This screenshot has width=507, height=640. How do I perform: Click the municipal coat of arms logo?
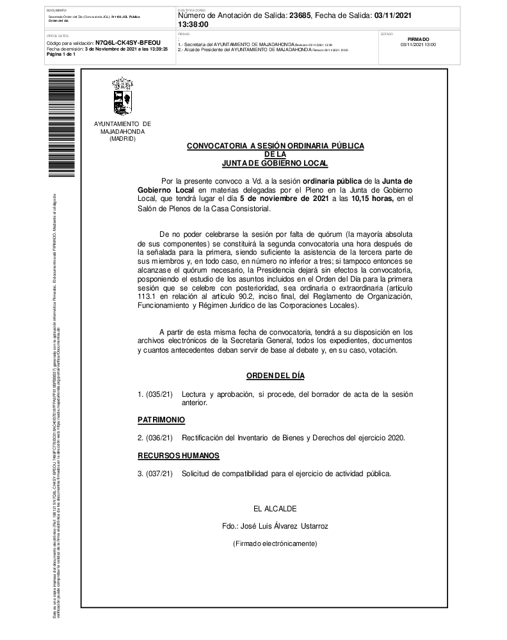pos(122,97)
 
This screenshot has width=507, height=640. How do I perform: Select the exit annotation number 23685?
pos(300,15)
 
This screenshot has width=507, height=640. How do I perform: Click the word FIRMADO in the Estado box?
pos(418,39)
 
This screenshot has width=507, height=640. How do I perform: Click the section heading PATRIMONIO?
pos(161,419)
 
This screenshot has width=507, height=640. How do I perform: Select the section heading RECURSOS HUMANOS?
pos(179,456)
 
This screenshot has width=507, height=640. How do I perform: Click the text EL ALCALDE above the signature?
pos(275,509)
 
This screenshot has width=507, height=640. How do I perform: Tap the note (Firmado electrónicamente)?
pos(275,543)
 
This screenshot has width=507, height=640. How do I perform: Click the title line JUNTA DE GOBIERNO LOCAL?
pos(275,163)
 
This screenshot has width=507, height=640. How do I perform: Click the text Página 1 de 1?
pos(61,54)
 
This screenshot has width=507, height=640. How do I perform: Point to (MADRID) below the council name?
pos(122,139)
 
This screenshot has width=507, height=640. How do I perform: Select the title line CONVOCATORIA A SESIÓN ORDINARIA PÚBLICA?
pos(275,147)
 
